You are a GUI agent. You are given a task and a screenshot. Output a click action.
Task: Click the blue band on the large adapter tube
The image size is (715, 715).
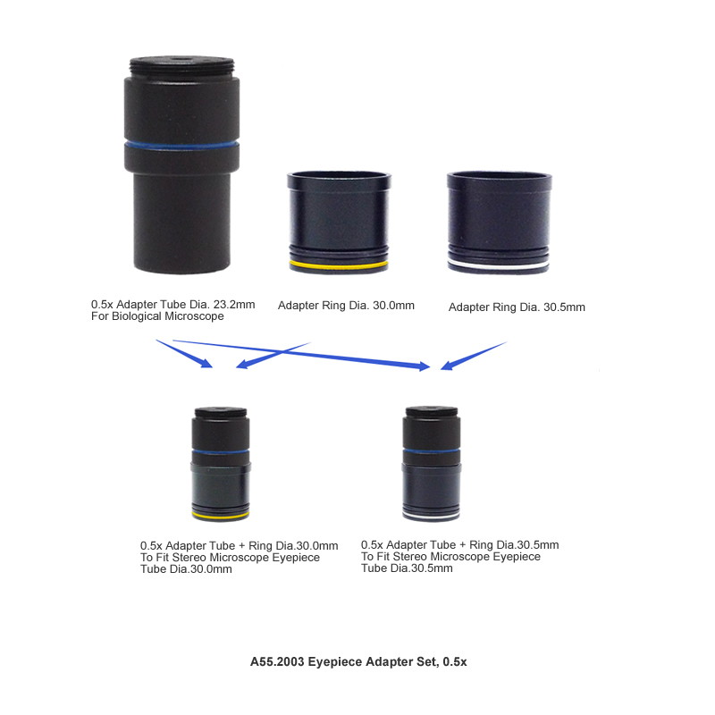181,146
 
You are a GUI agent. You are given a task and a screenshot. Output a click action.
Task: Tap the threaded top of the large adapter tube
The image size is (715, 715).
182,66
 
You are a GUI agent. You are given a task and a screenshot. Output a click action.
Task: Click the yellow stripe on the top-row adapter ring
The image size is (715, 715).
339,264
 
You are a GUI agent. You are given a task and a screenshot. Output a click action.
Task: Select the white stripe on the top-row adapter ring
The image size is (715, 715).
499,264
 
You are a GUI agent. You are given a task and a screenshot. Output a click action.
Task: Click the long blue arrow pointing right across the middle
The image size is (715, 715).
301,354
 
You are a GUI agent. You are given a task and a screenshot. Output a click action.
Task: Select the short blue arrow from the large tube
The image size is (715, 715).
184,353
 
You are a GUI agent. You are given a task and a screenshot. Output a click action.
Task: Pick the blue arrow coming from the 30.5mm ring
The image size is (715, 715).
474,356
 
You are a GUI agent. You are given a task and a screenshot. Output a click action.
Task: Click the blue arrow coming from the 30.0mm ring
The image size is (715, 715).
273,355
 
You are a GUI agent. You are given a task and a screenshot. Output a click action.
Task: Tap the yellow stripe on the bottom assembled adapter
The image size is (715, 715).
221,517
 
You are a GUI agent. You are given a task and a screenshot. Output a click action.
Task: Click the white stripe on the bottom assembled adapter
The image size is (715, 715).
431,518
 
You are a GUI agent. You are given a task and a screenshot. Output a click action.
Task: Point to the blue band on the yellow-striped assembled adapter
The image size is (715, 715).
220,451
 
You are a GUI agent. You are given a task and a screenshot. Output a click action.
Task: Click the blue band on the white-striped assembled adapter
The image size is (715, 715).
432,451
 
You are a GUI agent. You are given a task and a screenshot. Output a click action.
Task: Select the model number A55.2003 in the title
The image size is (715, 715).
277,661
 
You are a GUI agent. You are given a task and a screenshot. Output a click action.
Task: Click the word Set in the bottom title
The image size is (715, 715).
427,661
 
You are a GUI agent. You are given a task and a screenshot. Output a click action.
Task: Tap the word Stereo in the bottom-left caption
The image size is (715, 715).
189,557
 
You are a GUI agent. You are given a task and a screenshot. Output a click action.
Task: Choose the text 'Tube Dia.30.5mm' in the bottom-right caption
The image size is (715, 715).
407,568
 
